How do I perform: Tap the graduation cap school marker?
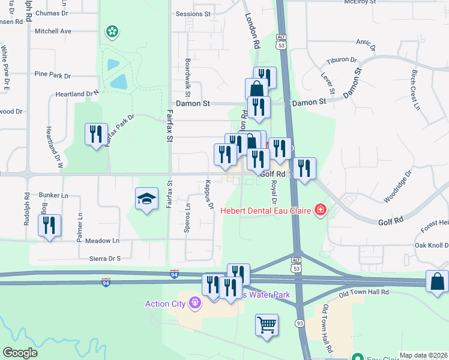click(x=146, y=200)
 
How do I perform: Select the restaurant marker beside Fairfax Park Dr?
click(x=96, y=135)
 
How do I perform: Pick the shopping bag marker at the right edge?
click(x=438, y=281)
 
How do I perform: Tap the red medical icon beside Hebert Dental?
click(x=321, y=209)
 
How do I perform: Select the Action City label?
click(x=165, y=304)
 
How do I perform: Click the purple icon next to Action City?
click(x=194, y=304)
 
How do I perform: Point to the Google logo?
click(x=20, y=353)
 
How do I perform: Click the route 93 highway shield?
click(x=298, y=323)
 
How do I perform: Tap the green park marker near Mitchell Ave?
click(x=111, y=31)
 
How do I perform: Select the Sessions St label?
click(x=193, y=13)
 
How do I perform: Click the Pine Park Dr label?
click(x=52, y=76)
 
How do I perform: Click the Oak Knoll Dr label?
click(x=431, y=245)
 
